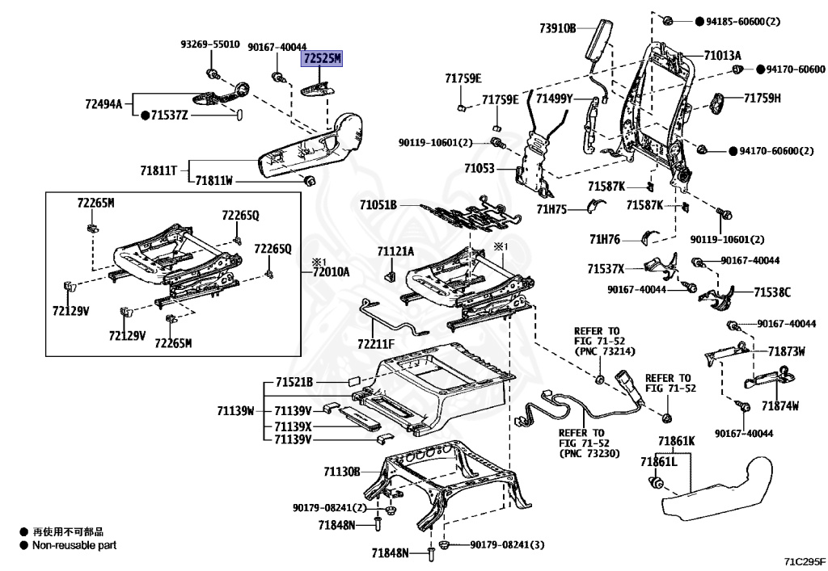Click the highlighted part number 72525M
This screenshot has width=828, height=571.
322,58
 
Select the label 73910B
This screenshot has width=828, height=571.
558,28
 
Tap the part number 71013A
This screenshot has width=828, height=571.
722,56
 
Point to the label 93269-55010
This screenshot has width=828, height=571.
210,44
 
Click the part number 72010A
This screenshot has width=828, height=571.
331,272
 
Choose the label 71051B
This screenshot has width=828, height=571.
378,204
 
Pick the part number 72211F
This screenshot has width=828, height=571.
376,344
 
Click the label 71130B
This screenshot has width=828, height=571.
342,472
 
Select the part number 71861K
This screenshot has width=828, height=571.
677,441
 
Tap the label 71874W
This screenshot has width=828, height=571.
780,405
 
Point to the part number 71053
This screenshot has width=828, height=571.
479,168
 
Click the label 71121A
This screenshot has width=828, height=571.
395,251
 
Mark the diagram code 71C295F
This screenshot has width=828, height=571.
805,561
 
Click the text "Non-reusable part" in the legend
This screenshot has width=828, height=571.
74,545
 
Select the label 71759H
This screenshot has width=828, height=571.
762,98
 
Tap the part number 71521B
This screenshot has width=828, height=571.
294,382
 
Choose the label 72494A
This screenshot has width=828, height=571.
103,104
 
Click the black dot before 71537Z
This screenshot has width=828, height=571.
146,115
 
